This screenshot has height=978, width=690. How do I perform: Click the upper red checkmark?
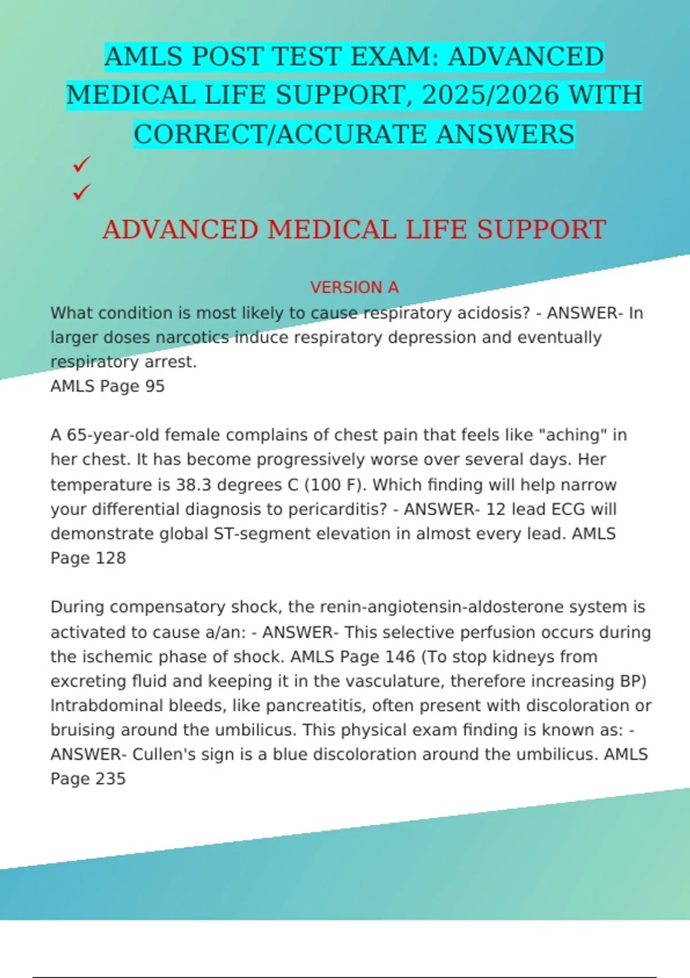[82, 165]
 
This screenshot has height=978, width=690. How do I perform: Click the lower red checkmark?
[82, 192]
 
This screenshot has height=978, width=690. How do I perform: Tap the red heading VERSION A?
[354, 287]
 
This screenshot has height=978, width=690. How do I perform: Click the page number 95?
[155, 386]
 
